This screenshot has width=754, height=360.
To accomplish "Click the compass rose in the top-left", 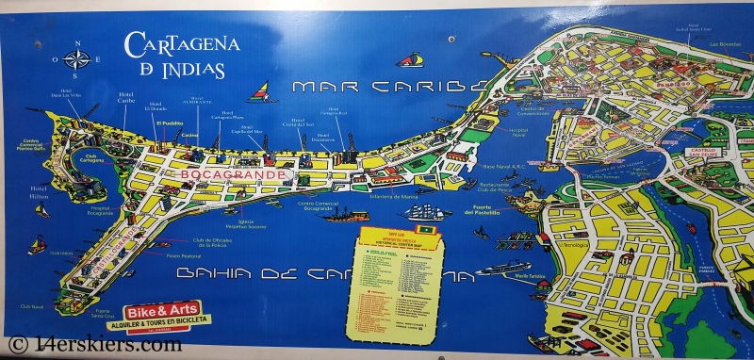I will [78, 58].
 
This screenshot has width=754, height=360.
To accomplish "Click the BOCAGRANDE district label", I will [216, 175].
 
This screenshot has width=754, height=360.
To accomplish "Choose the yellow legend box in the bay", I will [393, 283].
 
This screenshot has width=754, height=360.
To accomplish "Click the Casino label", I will [190, 136].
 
